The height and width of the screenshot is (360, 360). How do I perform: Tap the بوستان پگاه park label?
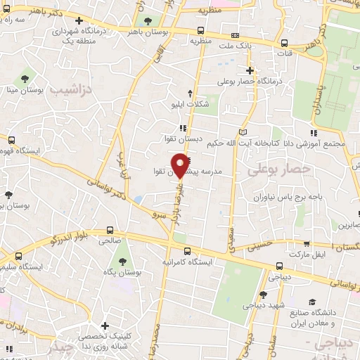pyautogui.click(x=123, y=271)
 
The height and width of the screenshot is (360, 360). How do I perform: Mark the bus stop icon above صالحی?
pyautogui.click(x=109, y=230)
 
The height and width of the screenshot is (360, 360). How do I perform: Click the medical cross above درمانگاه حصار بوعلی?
pyautogui.click(x=250, y=70)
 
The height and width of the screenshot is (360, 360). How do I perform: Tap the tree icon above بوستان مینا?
pyautogui.click(x=25, y=77)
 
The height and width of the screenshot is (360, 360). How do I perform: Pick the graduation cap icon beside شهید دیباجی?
pyautogui.click(x=263, y=295)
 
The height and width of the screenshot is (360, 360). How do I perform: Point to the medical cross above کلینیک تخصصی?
pyautogui.click(x=105, y=326)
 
